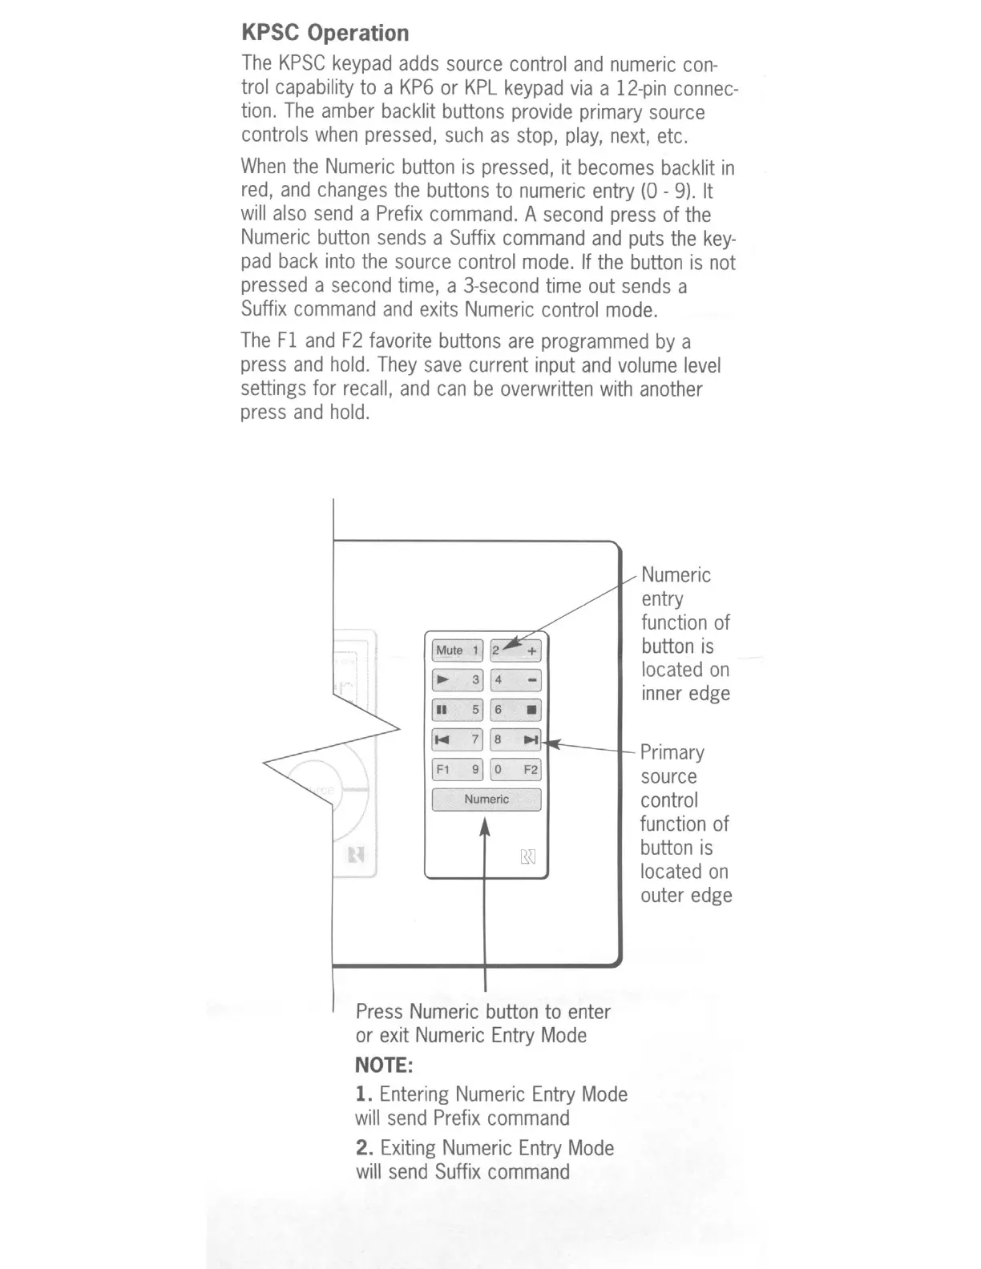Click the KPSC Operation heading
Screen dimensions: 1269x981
pyautogui.click(x=325, y=33)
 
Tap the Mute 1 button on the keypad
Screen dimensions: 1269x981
pyautogui.click(x=457, y=651)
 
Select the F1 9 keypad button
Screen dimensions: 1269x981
pyautogui.click(x=457, y=770)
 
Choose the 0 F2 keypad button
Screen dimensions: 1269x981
pyautogui.click(x=516, y=770)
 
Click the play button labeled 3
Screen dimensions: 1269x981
pyautogui.click(x=457, y=681)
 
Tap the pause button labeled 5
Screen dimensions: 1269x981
pyautogui.click(x=457, y=710)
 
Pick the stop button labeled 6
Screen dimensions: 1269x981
pyautogui.click(x=516, y=710)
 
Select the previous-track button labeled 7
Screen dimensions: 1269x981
pyautogui.click(x=457, y=739)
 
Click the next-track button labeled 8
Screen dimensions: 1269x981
pyautogui.click(x=516, y=739)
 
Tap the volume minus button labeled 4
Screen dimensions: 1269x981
pyautogui.click(x=516, y=681)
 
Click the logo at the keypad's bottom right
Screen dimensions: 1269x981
pyautogui.click(x=528, y=857)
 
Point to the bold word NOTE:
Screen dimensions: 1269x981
pyautogui.click(x=384, y=1066)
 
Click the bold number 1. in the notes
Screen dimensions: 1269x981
pyautogui.click(x=364, y=1094)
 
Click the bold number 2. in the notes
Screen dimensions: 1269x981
pyautogui.click(x=365, y=1148)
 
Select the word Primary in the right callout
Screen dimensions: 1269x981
pyautogui.click(x=672, y=753)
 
